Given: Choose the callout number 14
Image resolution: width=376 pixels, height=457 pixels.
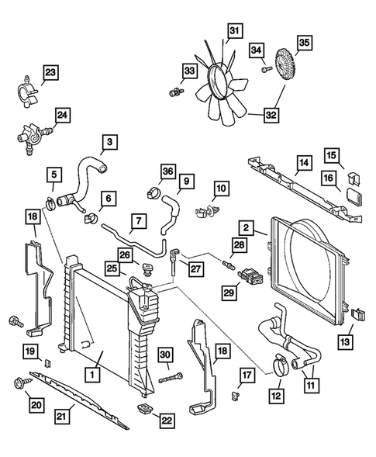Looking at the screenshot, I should pos(304,164).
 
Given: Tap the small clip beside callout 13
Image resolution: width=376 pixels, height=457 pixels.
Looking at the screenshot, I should pos(358,314).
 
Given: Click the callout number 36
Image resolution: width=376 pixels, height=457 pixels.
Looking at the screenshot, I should pos(168,171).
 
